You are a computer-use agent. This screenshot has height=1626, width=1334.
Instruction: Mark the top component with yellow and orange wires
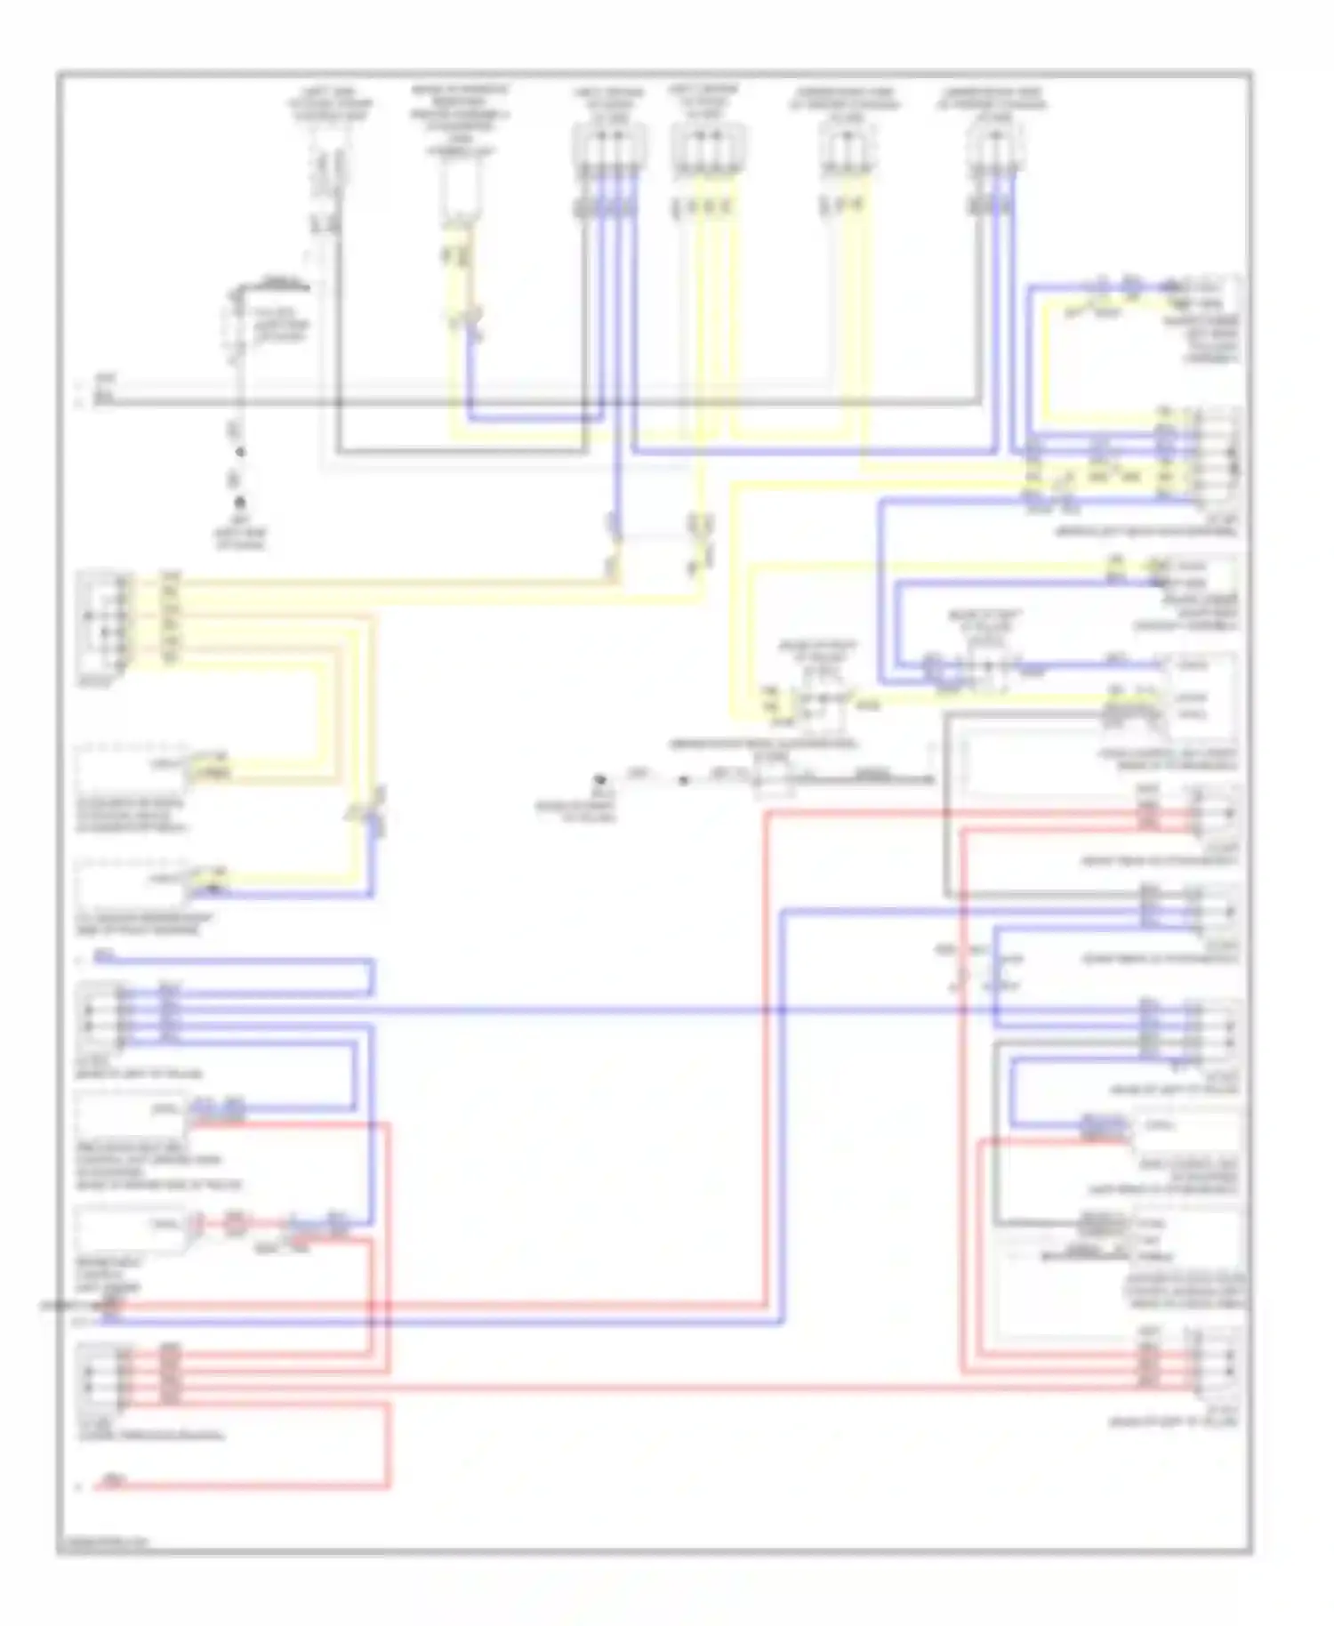461,191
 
